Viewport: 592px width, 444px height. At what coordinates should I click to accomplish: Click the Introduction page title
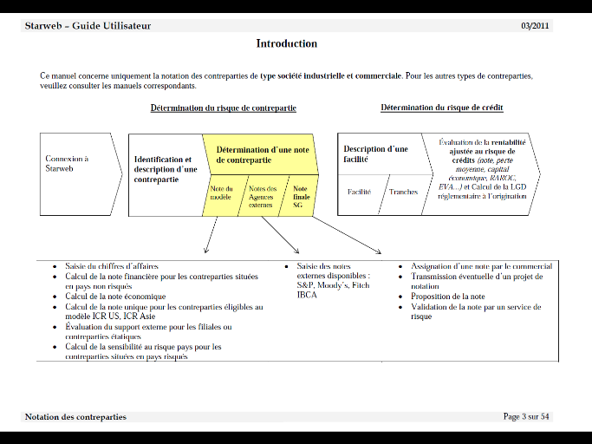pos(286,43)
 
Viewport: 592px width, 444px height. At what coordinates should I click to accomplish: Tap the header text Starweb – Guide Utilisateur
pos(88,25)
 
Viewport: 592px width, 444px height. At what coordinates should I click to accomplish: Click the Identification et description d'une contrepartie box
pos(165,169)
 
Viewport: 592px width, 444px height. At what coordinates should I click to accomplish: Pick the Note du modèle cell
pos(222,194)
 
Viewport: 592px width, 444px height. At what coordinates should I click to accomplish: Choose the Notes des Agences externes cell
pos(262,197)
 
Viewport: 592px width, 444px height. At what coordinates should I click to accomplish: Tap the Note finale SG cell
pos(300,197)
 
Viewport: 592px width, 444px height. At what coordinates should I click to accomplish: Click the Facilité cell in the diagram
pos(359,193)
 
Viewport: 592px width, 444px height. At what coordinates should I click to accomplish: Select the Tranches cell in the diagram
pos(403,193)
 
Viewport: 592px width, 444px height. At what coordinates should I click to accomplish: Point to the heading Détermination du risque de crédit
pos(441,108)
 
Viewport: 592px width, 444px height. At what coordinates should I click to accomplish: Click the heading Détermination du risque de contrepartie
pos(223,108)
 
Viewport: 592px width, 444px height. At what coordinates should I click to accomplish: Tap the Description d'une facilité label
pos(375,154)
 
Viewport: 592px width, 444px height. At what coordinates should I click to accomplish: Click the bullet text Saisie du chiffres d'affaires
pos(112,266)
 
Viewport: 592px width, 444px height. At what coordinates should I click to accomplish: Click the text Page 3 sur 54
pos(526,417)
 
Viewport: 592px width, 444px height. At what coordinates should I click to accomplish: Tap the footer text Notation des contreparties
pos(75,417)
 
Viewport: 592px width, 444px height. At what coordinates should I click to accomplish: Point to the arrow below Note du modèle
pos(211,237)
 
